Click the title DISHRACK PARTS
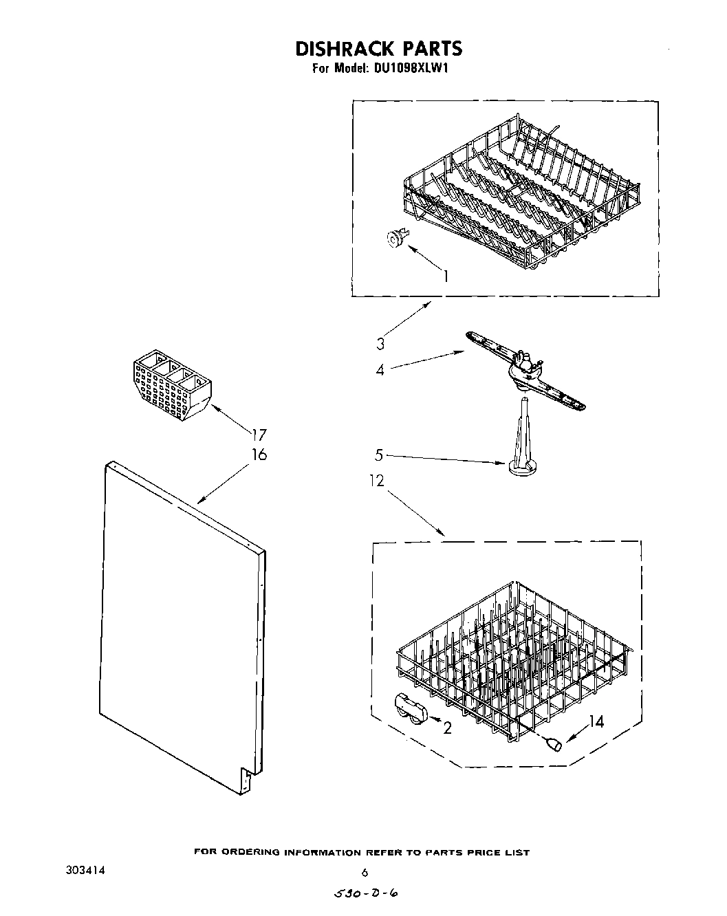[378, 48]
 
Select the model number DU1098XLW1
[411, 69]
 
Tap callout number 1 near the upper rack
[446, 276]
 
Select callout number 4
[380, 370]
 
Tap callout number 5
[379, 455]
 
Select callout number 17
[259, 435]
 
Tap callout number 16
[259, 455]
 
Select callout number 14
[596, 722]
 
